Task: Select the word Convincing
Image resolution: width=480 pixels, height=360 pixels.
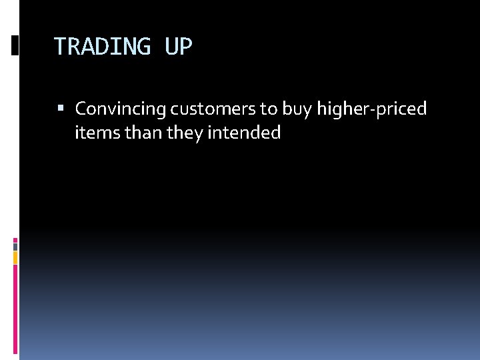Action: coord(121,109)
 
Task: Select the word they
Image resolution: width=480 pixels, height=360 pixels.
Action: coord(185,133)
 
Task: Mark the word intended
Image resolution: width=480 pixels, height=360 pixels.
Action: coord(244,133)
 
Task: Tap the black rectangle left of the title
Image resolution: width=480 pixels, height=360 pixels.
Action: coord(15,45)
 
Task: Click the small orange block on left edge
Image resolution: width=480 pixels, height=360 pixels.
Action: coord(15,257)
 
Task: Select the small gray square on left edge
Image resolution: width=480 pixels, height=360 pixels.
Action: coord(15,247)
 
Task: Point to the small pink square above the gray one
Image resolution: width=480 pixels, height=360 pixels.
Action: coord(15,239)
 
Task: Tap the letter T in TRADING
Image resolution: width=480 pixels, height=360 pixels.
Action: coord(59,47)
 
